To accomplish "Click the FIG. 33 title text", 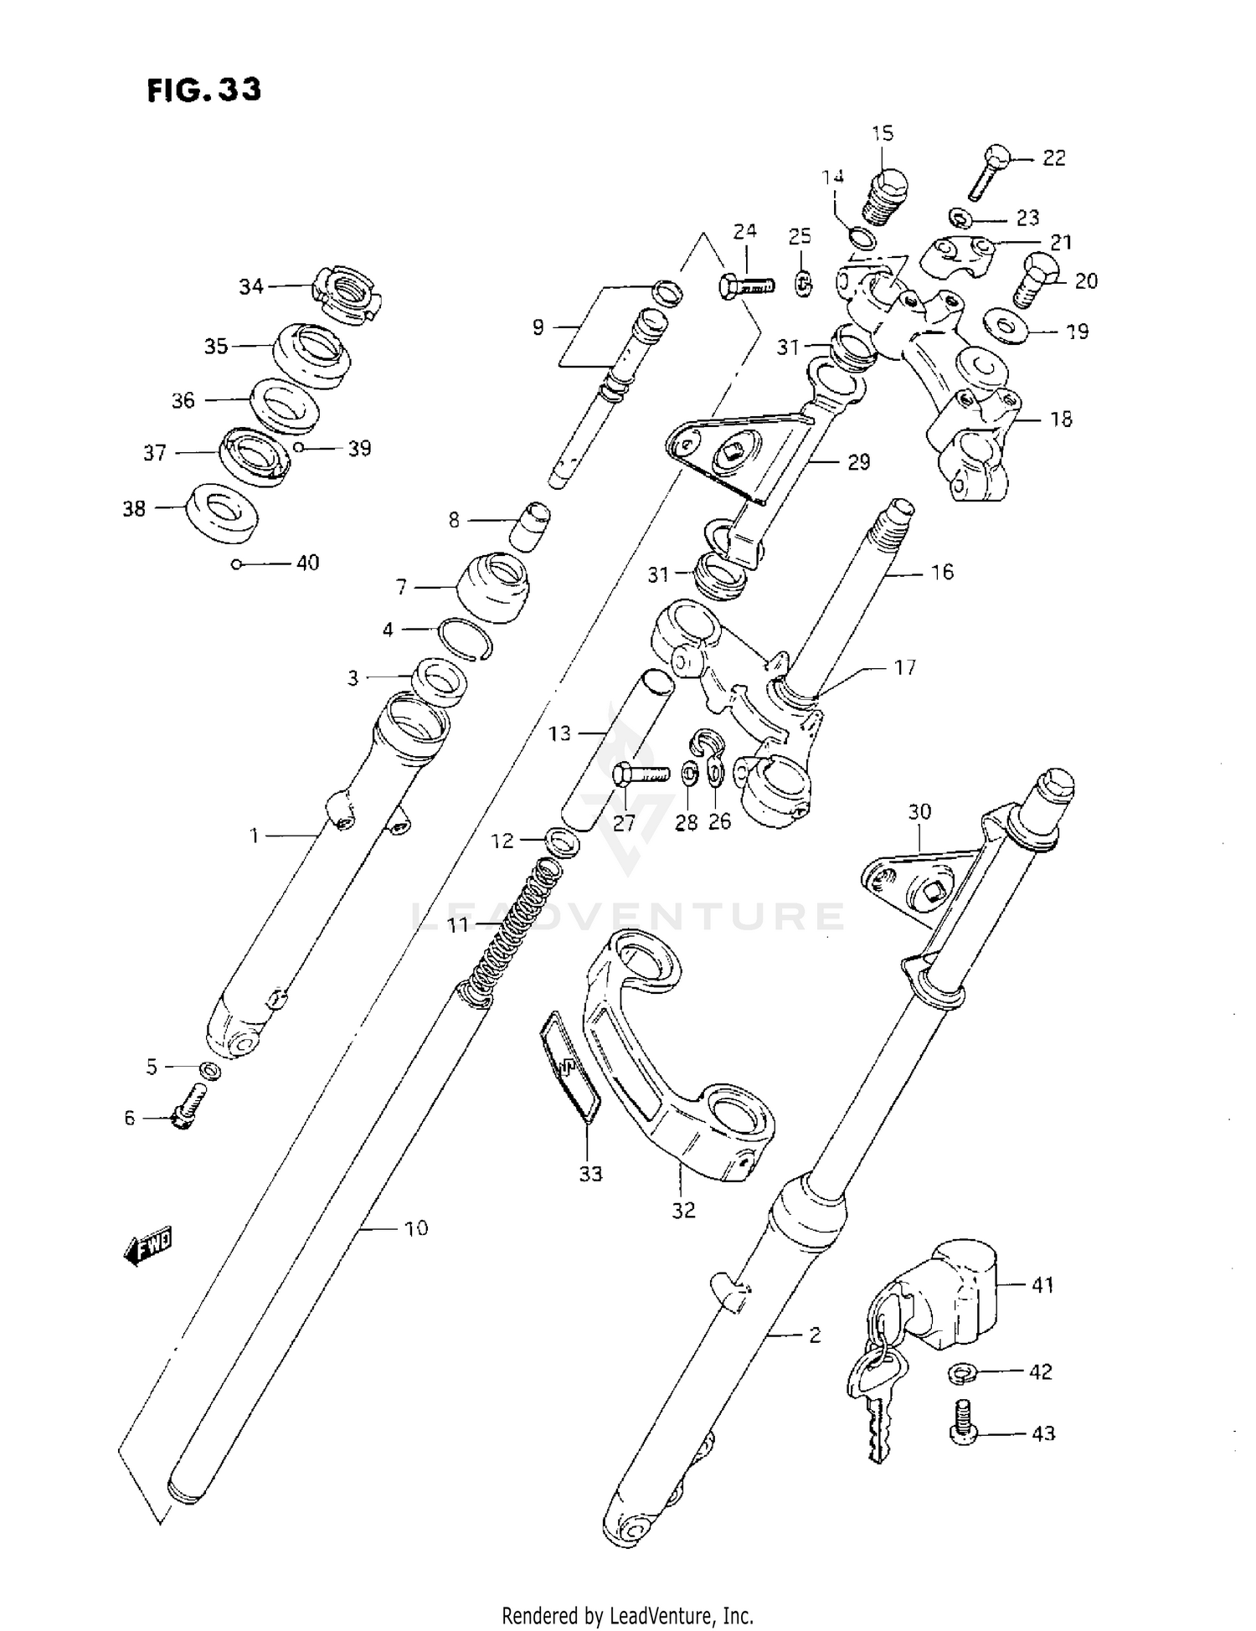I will tap(204, 90).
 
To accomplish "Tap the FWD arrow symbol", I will tap(148, 1247).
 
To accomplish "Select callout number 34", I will tap(251, 287).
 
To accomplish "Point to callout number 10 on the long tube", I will tap(415, 1228).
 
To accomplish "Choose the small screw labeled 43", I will tap(965, 1433).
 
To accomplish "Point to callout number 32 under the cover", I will tap(683, 1210).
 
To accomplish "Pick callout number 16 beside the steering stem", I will tap(942, 573).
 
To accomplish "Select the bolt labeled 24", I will tap(744, 287).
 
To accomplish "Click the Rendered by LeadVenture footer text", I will tap(627, 1613).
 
